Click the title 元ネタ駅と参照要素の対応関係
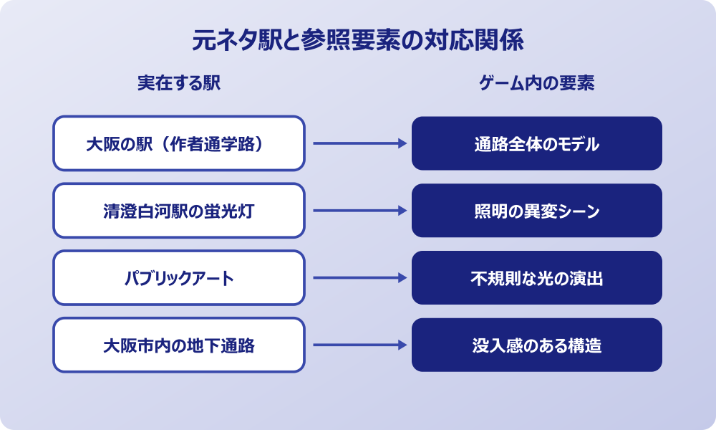tap(358, 40)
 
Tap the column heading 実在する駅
tap(179, 83)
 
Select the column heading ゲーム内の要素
tap(537, 83)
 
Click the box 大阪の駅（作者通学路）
tap(179, 143)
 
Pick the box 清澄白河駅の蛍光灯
tap(179, 211)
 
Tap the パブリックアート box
tap(179, 278)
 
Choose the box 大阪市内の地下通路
tap(179, 345)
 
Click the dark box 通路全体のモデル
tap(537, 143)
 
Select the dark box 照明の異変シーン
tap(537, 211)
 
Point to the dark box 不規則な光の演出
tap(537, 278)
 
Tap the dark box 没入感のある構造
tap(537, 345)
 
